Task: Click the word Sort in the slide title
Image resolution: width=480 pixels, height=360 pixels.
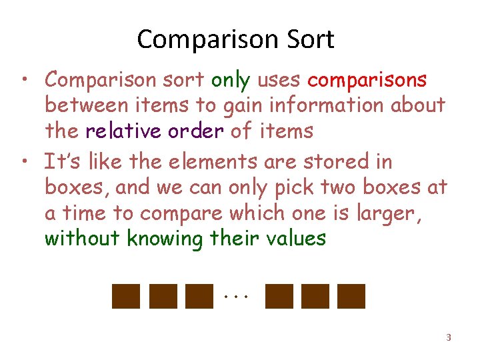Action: (x=308, y=40)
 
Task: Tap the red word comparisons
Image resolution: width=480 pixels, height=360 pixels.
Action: (x=367, y=80)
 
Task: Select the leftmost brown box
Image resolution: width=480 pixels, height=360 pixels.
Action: (x=127, y=296)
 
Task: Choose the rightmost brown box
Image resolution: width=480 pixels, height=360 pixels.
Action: (x=351, y=296)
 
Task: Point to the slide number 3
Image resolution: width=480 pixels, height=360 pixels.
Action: (x=448, y=337)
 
